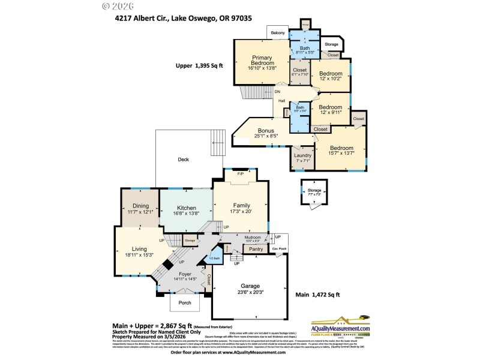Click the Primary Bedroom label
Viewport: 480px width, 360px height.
(263, 60)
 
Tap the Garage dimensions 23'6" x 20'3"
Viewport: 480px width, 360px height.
(250, 292)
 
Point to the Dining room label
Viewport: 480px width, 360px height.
(140, 206)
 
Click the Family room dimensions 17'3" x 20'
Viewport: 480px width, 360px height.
(241, 211)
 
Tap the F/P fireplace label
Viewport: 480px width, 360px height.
(241, 174)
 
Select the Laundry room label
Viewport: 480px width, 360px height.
(302, 155)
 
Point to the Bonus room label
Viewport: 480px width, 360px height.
(266, 130)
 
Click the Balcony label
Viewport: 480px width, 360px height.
(278, 33)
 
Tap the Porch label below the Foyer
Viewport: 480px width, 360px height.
(185, 303)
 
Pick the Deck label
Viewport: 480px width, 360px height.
(183, 160)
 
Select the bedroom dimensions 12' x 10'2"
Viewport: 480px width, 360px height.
(330, 78)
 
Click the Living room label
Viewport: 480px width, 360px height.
(139, 249)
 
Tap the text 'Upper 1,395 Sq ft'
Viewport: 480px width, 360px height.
(199, 65)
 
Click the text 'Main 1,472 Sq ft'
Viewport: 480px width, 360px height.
(318, 295)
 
